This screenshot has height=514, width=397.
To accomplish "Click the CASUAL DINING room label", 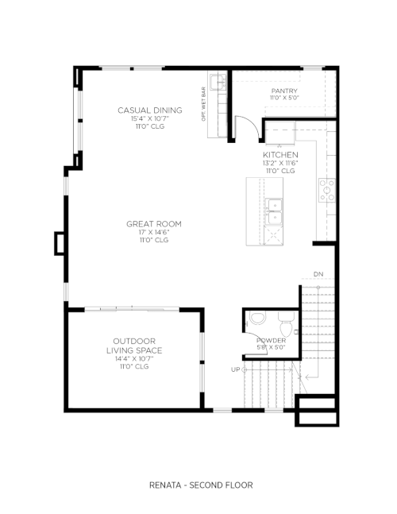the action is click(x=150, y=110).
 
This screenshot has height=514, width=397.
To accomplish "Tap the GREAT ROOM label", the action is click(x=154, y=224).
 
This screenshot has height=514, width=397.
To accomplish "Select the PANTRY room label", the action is click(x=284, y=91).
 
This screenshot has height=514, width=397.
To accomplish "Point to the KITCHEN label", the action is click(x=281, y=155).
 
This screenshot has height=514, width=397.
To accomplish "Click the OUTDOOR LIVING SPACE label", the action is click(x=134, y=346).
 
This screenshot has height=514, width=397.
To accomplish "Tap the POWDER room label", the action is click(x=272, y=341).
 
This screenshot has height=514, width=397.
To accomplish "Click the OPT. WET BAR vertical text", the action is click(x=203, y=104).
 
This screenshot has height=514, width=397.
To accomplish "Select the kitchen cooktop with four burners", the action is click(x=327, y=190).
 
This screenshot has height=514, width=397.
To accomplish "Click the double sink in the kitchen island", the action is click(x=273, y=212).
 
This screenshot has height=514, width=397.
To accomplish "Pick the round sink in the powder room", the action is click(x=257, y=318).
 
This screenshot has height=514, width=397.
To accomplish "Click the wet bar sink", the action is click(x=218, y=82).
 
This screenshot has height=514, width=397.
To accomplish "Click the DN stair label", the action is click(x=318, y=274).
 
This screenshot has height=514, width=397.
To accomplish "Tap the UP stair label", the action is click(x=236, y=369).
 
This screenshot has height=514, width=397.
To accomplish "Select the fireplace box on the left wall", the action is click(x=60, y=243).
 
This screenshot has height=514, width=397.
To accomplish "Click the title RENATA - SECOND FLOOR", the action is click(x=201, y=485).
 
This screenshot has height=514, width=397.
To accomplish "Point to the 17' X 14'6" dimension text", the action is click(x=154, y=233).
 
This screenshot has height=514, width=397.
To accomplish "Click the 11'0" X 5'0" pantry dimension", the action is click(x=284, y=98).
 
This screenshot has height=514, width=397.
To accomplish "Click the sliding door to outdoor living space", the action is click(x=132, y=308).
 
